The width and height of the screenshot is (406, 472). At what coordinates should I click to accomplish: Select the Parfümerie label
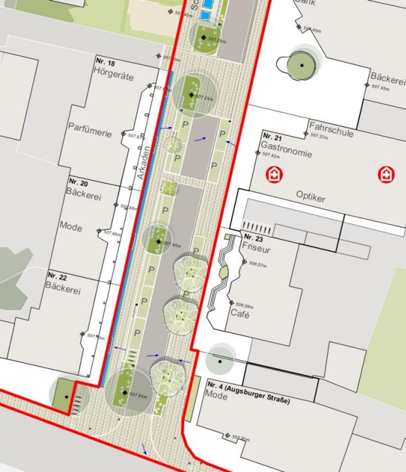click(90, 130)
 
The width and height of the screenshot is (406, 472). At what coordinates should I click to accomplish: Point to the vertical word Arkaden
click(144, 163)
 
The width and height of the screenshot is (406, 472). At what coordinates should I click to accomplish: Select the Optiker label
click(311, 196)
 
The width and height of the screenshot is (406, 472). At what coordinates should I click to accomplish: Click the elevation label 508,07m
click(258, 264)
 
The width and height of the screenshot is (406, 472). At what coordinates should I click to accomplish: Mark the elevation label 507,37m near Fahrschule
click(319, 136)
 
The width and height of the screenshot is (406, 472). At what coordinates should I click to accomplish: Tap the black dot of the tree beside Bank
click(302, 65)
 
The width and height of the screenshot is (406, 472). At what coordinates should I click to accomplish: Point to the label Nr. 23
click(253, 237)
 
